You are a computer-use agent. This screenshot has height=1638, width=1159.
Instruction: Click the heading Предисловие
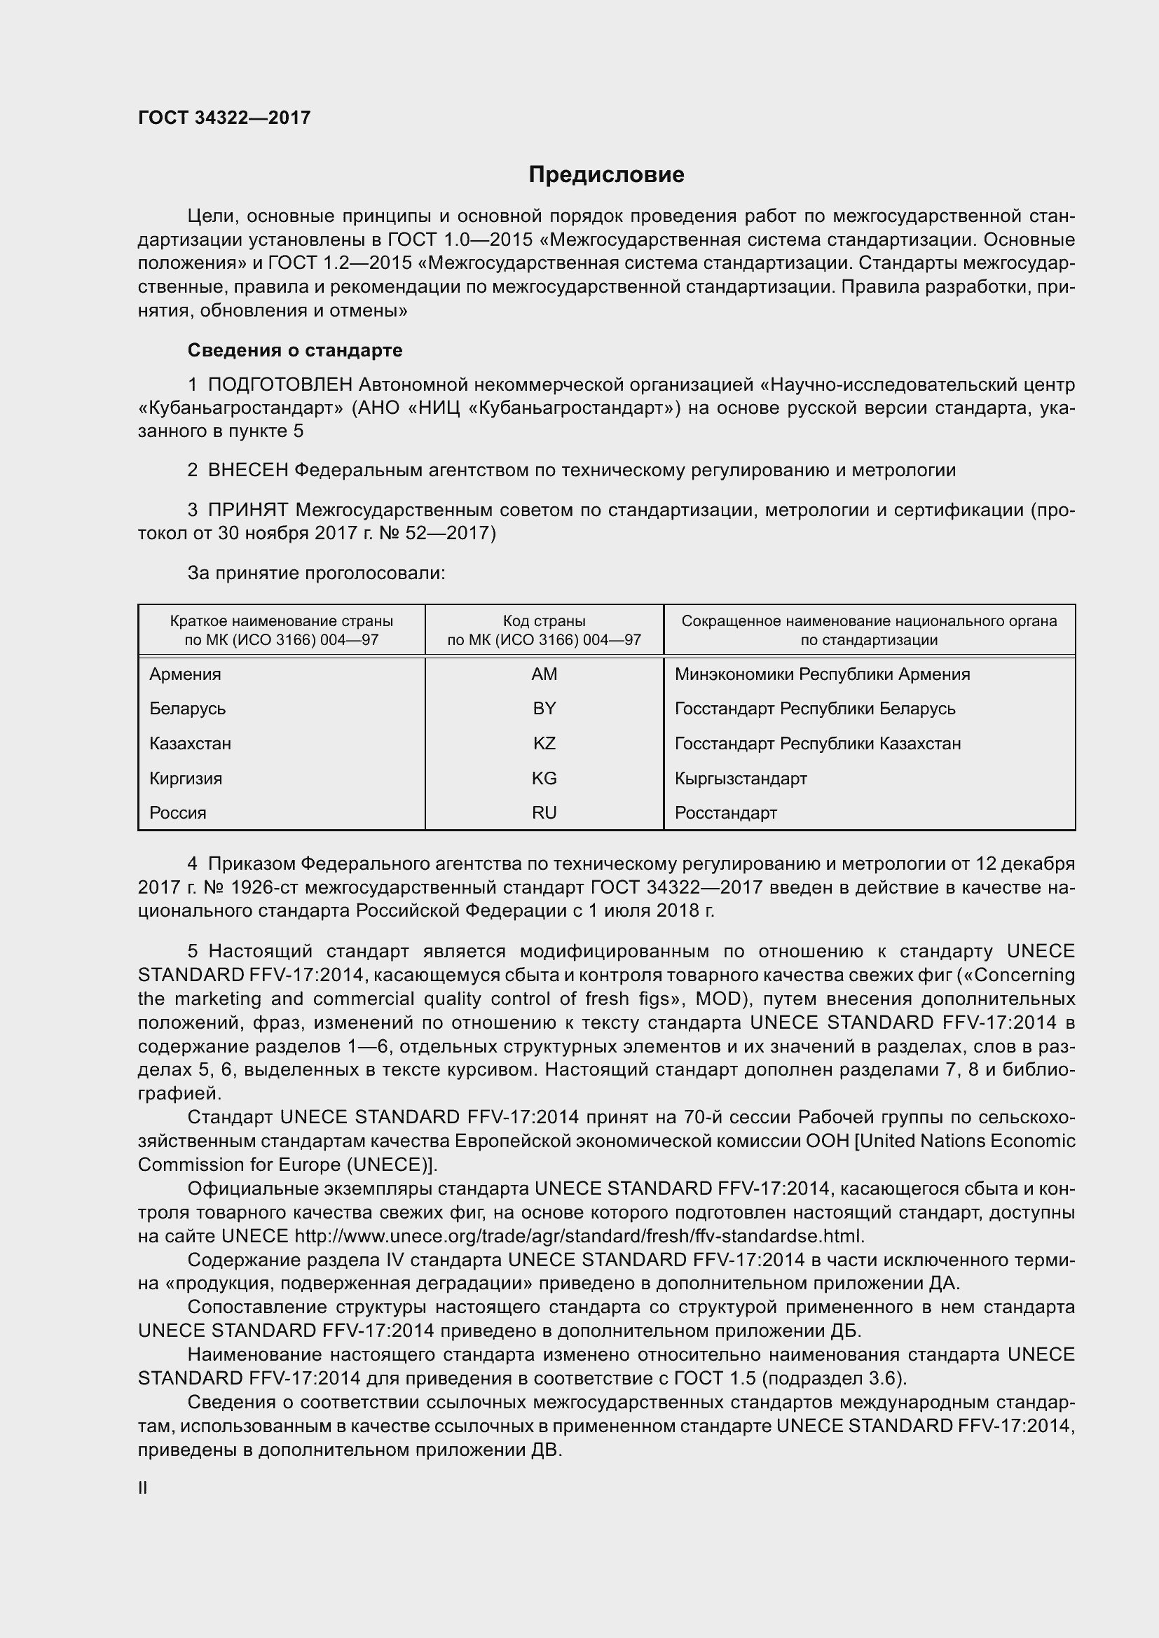pos(606,175)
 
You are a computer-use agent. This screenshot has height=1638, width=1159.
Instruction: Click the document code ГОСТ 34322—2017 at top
pos(224,118)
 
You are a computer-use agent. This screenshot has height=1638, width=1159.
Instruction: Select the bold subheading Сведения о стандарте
pos(295,350)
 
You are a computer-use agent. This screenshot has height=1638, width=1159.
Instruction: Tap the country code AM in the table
pos(544,674)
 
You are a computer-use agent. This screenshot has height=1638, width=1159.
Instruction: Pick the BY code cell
pos(544,709)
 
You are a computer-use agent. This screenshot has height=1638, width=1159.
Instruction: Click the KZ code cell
pos(544,744)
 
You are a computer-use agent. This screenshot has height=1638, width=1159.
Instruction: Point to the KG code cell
pos(544,778)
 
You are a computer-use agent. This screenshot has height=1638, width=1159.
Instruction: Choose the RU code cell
pos(544,812)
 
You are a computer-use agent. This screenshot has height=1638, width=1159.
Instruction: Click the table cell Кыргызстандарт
pos(741,778)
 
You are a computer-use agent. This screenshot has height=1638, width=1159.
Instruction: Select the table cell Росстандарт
pos(726,812)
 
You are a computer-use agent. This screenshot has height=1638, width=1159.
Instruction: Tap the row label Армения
pos(185,674)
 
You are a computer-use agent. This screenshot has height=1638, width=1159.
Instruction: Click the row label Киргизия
pos(186,778)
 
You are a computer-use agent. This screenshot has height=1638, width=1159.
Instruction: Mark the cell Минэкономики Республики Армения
pos(822,674)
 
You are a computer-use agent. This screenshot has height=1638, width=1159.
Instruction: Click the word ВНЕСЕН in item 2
pos(247,470)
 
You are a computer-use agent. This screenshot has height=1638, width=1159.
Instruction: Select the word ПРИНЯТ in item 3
pos(247,510)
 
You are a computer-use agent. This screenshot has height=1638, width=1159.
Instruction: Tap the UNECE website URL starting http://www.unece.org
pos(579,1236)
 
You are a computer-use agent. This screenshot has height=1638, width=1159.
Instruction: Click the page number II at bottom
pos(143,1487)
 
